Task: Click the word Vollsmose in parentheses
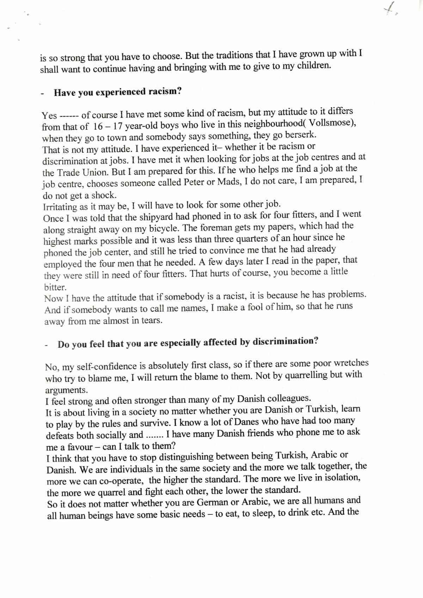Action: click(x=331, y=123)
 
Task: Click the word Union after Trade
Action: click(x=92, y=172)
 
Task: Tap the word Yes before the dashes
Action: click(x=49, y=116)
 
